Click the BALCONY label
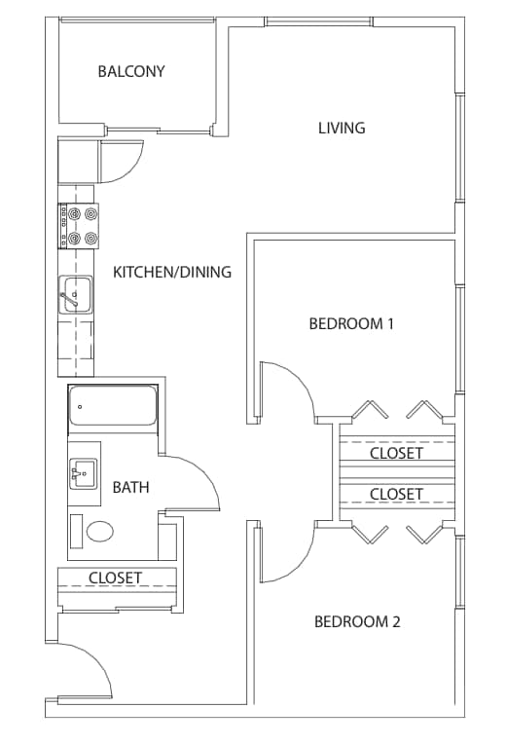(131, 71)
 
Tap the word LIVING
(342, 128)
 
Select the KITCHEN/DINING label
(172, 272)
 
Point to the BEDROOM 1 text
(351, 324)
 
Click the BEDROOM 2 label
(358, 621)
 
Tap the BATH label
(130, 487)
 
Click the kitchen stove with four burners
(79, 226)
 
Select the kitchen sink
(76, 295)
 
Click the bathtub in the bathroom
(113, 406)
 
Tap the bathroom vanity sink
(84, 474)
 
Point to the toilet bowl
(100, 531)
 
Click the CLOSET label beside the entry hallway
(115, 578)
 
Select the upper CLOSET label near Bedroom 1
(396, 453)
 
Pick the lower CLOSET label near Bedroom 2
(396, 495)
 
